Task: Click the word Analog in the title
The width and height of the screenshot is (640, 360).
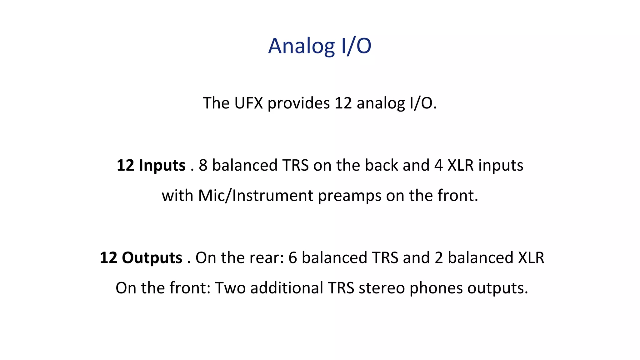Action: pyautogui.click(x=301, y=46)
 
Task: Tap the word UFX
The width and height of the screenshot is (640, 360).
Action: pyautogui.click(x=248, y=103)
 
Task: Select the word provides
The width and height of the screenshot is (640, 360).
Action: pyautogui.click(x=298, y=103)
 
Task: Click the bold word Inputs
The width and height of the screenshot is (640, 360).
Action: pyautogui.click(x=162, y=165)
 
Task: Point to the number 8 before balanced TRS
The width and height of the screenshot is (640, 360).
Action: pyautogui.click(x=203, y=165)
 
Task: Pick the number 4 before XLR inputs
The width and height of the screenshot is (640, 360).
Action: pyautogui.click(x=438, y=165)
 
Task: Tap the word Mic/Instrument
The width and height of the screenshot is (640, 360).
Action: pyautogui.click(x=255, y=196)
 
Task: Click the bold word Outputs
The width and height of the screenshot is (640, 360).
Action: pyautogui.click(x=152, y=258)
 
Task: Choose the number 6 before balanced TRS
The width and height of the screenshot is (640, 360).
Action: pyautogui.click(x=292, y=258)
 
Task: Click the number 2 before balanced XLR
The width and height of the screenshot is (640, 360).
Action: pyautogui.click(x=439, y=258)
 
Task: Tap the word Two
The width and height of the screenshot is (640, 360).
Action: pyautogui.click(x=230, y=288)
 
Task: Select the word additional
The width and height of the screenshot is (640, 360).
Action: pyautogui.click(x=287, y=288)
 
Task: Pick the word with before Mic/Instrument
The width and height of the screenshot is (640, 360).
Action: pyautogui.click(x=177, y=196)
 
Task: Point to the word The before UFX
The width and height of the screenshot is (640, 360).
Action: pyautogui.click(x=216, y=103)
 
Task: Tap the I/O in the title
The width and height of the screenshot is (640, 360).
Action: pyautogui.click(x=356, y=46)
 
